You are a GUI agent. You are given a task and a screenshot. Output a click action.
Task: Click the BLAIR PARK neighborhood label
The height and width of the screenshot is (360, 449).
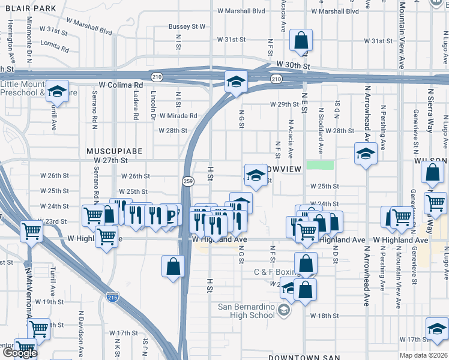pos(29,8)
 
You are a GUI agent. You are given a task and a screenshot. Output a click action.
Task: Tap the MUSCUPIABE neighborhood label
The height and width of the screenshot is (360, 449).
pos(114,152)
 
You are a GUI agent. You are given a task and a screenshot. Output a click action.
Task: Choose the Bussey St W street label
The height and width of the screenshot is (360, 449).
pos(187,26)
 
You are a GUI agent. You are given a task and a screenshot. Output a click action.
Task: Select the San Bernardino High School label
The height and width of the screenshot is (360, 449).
pos(246,311)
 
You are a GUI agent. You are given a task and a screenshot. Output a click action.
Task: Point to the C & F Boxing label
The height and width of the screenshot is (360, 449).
pos(276,272)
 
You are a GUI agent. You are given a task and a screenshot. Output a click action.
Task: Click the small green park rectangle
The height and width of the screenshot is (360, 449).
pos(319,164)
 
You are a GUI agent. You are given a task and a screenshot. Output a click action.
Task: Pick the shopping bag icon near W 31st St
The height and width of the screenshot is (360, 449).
pos(301,41)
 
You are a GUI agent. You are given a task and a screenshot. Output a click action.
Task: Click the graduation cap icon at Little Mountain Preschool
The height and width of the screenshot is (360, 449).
pos(58,92)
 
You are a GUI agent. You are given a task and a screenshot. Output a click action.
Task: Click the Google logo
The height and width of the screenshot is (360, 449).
pos(20,352)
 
